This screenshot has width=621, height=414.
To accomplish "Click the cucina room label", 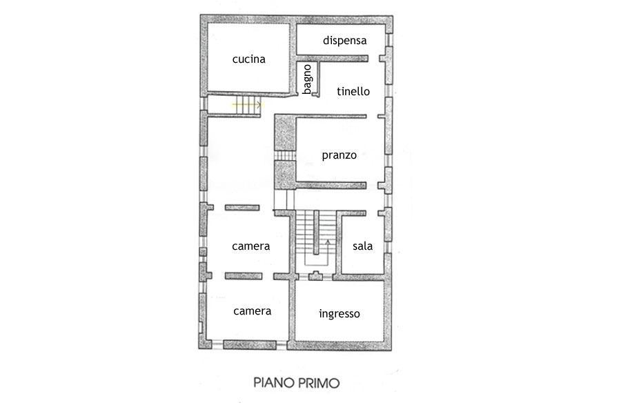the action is click(x=248, y=59).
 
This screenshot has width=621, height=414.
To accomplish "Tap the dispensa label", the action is click(x=344, y=41).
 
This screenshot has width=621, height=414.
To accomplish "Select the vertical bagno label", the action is click(x=307, y=79).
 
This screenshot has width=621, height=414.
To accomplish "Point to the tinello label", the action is click(x=353, y=92).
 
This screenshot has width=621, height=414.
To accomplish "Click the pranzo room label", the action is click(x=339, y=155).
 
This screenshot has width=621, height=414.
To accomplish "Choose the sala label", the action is click(x=362, y=246).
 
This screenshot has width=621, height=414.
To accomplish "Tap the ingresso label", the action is click(x=339, y=314).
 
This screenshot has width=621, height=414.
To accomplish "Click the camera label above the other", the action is click(x=250, y=246).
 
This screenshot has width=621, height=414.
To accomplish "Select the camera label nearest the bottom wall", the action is click(x=253, y=311).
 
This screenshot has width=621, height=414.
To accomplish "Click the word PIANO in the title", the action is click(x=274, y=383).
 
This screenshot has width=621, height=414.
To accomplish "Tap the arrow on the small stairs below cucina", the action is click(x=247, y=105).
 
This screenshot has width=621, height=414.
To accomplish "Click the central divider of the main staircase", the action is click(x=317, y=233).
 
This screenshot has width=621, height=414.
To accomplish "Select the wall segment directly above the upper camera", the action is click(x=242, y=208).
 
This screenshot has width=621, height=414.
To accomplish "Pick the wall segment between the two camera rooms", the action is click(x=243, y=276).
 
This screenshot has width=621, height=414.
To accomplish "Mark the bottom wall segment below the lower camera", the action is click(x=250, y=345).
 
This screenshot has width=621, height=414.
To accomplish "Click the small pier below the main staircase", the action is click(x=315, y=276).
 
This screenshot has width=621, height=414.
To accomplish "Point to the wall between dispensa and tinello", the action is click(x=333, y=58).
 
